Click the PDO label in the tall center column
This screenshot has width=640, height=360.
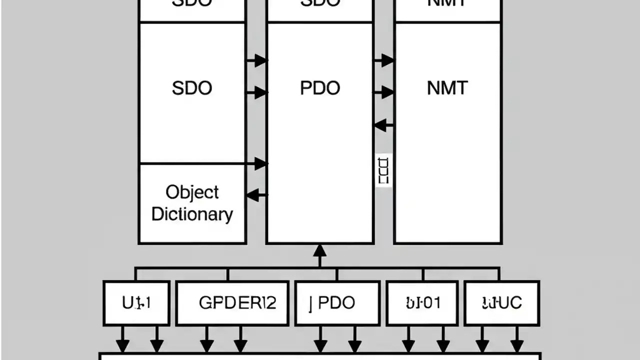coord(320,88)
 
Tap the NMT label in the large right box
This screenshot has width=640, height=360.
coord(447,88)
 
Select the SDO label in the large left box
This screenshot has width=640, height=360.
coord(192,88)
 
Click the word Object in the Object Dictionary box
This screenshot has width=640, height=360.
coord(192,192)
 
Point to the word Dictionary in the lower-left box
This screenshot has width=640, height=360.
coord(192,214)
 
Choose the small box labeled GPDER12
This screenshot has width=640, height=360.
coord(232,303)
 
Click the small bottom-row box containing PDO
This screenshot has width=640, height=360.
coord(337,303)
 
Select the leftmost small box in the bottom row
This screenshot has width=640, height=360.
coord(136,303)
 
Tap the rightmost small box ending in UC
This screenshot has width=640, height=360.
coord(501,303)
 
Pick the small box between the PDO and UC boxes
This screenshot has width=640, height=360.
coord(422,303)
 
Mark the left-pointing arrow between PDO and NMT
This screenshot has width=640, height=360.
coord(383,125)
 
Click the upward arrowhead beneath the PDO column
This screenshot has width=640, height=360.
coord(319,250)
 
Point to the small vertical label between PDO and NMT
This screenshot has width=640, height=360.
coord(383,170)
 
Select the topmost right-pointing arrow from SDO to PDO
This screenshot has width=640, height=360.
coord(258,60)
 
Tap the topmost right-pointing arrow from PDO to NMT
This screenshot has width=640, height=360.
coord(385,60)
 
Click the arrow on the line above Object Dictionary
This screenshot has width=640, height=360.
coord(259,163)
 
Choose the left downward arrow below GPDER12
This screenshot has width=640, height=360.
coord(206,345)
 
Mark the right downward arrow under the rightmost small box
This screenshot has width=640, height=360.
coord(516,345)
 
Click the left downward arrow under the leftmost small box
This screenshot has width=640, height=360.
coord(122,345)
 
